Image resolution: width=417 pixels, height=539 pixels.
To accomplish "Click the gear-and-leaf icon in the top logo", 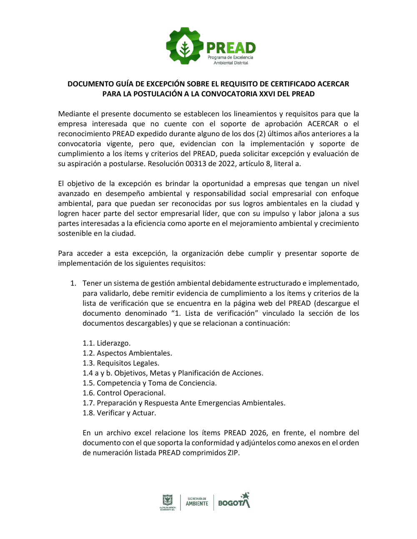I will coord(184,46).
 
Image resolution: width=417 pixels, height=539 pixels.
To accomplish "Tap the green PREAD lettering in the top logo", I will coord(231,48).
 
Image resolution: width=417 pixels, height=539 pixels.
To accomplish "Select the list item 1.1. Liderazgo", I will coord(106,343).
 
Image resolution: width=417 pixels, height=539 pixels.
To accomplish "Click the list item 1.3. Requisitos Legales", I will coord(121,363).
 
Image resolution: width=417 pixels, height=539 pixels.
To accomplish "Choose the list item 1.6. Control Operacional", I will coord(124,393).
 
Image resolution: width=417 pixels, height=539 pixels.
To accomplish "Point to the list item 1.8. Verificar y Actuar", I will coord(119,413).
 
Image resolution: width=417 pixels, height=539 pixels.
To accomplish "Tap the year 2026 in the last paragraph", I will coord(259,433).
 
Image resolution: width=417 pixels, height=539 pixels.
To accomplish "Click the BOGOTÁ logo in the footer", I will coord(234,501).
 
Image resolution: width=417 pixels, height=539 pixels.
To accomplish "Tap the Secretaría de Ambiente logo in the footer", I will coord(197,502).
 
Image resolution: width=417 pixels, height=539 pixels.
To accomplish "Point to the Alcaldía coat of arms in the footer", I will coord(167,501).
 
